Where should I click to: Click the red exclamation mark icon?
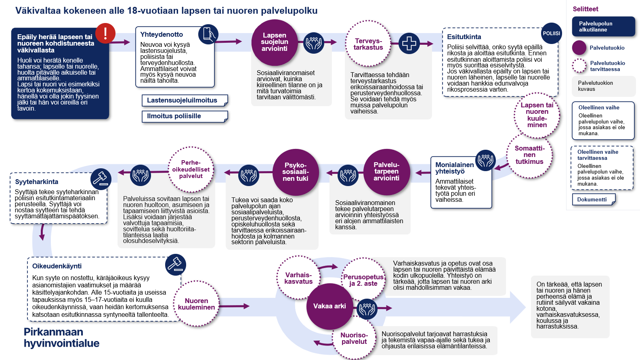(105, 33)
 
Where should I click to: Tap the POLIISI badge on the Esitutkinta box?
(551, 33)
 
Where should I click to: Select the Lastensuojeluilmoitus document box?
(185, 100)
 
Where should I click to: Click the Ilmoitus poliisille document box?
(185, 116)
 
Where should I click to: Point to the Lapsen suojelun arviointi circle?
(275, 42)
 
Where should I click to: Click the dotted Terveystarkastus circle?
(368, 44)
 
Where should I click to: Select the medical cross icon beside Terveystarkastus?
(409, 43)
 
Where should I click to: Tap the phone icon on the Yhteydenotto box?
(208, 34)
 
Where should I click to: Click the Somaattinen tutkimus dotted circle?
(529, 155)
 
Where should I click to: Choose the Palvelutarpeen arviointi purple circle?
(386, 172)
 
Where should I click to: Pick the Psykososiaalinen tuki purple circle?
(296, 172)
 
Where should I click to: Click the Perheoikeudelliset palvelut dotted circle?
(191, 170)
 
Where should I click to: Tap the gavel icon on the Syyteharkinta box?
(101, 178)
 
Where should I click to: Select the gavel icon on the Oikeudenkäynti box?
(176, 265)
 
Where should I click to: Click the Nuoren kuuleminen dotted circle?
(197, 304)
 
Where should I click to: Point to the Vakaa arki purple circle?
(329, 306)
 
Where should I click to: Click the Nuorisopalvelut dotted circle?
(354, 338)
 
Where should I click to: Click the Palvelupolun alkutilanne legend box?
(603, 27)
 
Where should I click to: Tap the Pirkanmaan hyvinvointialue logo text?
(61, 338)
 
